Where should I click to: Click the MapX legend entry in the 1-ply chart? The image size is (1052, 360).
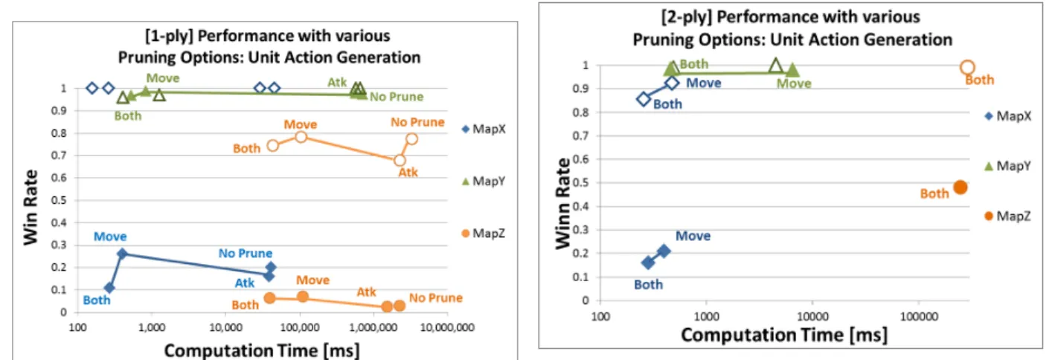coord(484,129)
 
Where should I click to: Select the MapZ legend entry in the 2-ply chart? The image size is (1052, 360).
coord(1007,216)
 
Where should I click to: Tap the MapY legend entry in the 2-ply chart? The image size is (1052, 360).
coord(1007,166)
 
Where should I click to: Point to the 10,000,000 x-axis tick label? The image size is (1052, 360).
coord(447,327)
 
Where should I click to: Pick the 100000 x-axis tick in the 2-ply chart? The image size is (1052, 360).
coord(919,317)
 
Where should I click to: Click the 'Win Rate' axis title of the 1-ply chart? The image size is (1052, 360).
coord(31,208)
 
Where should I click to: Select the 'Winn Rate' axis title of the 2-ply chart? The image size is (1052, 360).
coord(562,203)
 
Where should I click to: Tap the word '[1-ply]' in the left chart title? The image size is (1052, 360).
coord(169,36)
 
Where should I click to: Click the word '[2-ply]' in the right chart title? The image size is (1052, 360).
coord(686,17)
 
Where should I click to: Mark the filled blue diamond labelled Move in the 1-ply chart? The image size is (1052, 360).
coord(122,254)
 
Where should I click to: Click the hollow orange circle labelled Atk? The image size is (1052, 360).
coord(400,161)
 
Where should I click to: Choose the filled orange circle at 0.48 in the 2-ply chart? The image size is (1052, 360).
coord(960,187)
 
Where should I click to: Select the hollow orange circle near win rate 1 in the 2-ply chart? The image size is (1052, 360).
coord(967,68)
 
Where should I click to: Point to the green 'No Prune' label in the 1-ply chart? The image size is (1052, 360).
coord(397,97)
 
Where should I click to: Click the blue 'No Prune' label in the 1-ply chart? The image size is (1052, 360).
coord(246,254)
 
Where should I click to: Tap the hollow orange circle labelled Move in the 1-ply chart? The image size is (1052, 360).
coord(301,137)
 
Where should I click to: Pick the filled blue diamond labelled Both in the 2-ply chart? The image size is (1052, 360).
coord(648,263)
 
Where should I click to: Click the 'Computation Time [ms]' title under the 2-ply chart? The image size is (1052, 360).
coord(784,335)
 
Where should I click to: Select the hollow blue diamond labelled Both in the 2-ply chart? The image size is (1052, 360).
coord(644,99)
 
